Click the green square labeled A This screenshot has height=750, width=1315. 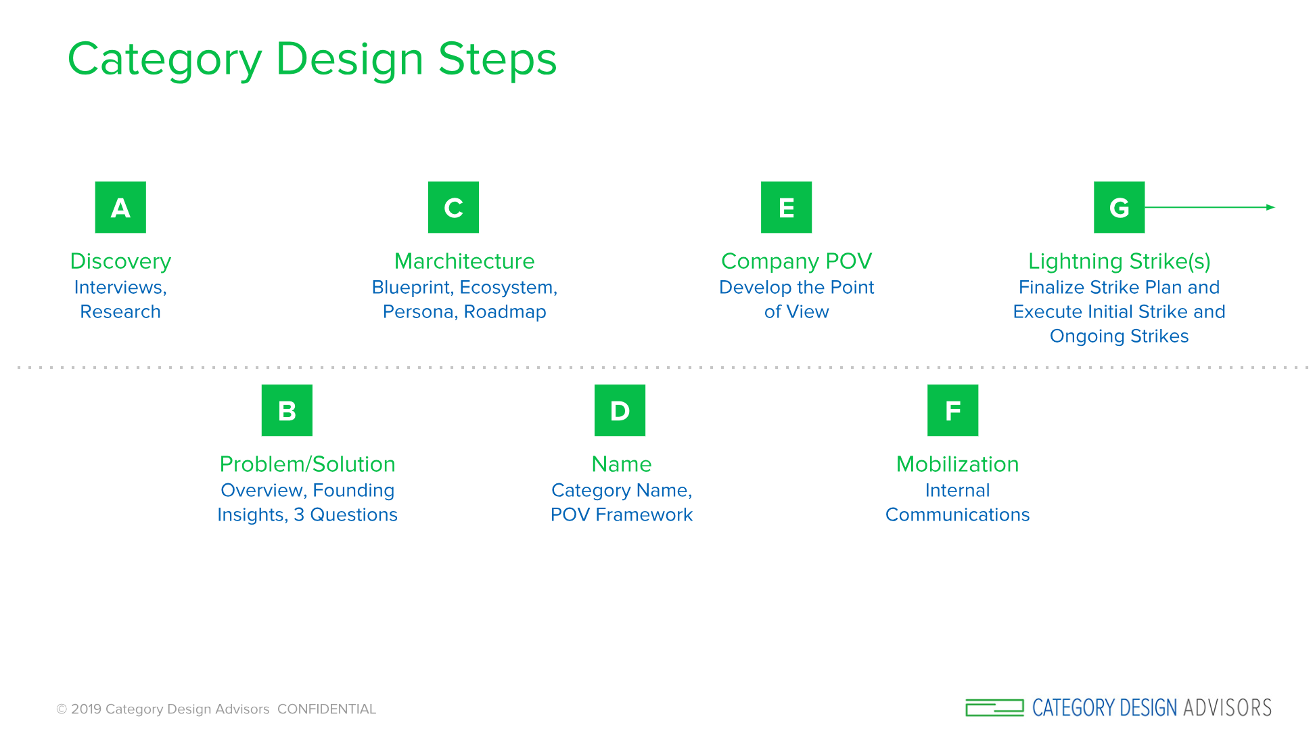click(120, 207)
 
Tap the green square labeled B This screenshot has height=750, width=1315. click(287, 410)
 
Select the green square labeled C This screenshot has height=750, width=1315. click(453, 207)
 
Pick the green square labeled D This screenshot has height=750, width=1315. click(620, 410)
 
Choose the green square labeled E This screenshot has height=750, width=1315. click(786, 207)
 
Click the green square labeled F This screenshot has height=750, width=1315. click(952, 410)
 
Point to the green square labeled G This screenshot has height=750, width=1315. click(1119, 207)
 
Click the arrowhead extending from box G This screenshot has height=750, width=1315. click(1270, 207)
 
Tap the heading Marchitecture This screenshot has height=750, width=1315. click(464, 261)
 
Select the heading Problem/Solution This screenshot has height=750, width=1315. click(307, 464)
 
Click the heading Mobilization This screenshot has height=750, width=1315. click(957, 464)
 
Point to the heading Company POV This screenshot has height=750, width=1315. click(796, 261)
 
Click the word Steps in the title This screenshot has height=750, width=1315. click(497, 60)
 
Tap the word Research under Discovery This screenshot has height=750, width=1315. click(120, 312)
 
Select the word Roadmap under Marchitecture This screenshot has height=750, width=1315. click(505, 312)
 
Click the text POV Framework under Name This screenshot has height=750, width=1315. click(621, 515)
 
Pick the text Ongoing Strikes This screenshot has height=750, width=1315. click(1119, 336)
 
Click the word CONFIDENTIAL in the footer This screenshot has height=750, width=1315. click(327, 709)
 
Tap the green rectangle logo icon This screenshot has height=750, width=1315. click(994, 708)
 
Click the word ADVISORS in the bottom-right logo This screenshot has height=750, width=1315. click(1227, 708)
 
